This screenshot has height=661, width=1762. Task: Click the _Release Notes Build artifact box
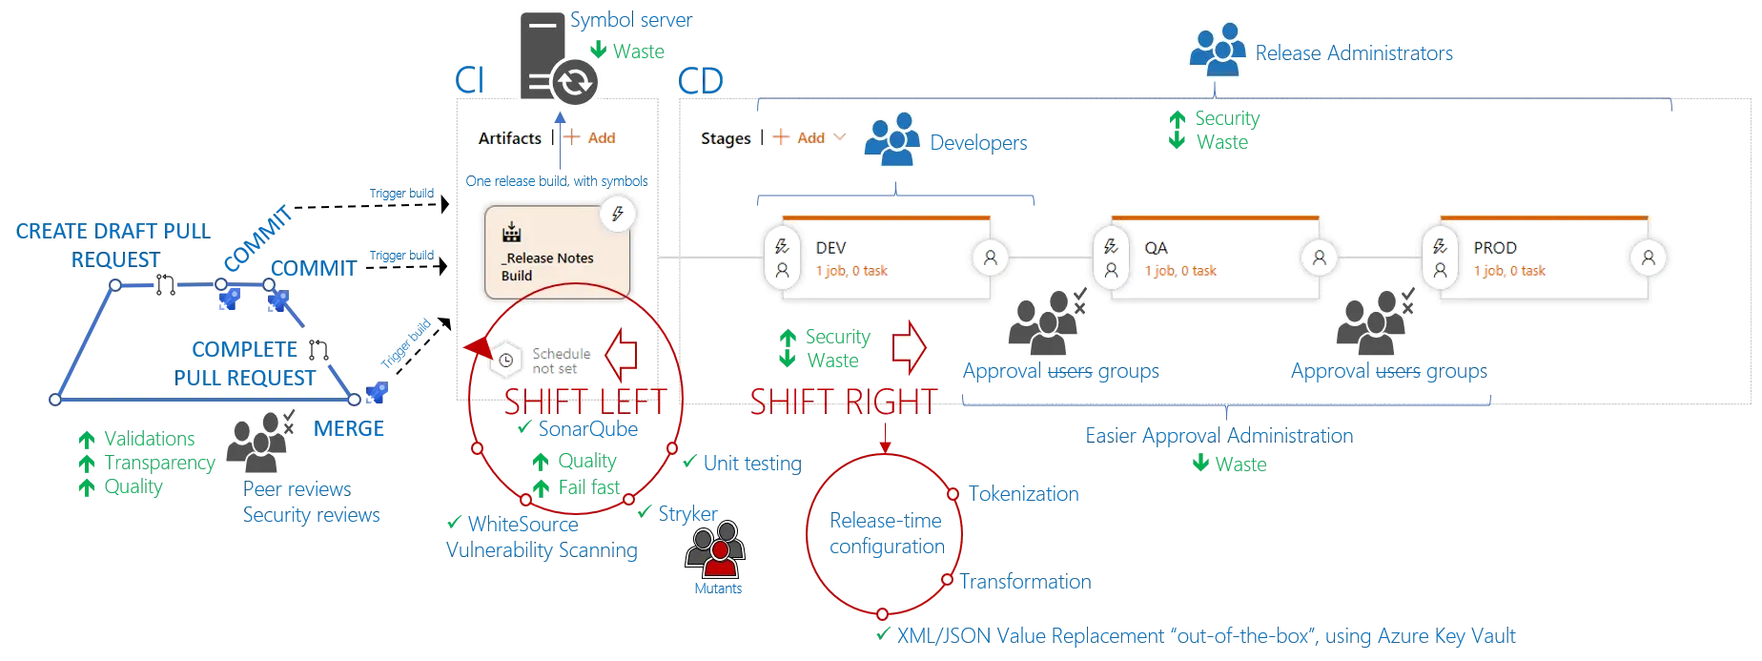pos(557,254)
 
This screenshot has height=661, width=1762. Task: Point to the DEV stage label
pos(831,247)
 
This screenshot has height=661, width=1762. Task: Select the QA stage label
pos(1156,247)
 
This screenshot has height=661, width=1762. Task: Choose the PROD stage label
pos(1494,247)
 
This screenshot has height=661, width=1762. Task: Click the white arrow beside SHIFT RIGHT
pos(909,347)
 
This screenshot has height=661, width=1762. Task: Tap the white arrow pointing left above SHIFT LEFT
pos(622,354)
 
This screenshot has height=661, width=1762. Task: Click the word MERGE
pos(349,430)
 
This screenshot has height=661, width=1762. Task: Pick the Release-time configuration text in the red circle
pos(886,534)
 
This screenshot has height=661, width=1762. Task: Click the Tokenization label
pos(1025,494)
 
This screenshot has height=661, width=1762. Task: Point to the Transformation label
pos(1024,582)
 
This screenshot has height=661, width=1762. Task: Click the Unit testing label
pos(750,464)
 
